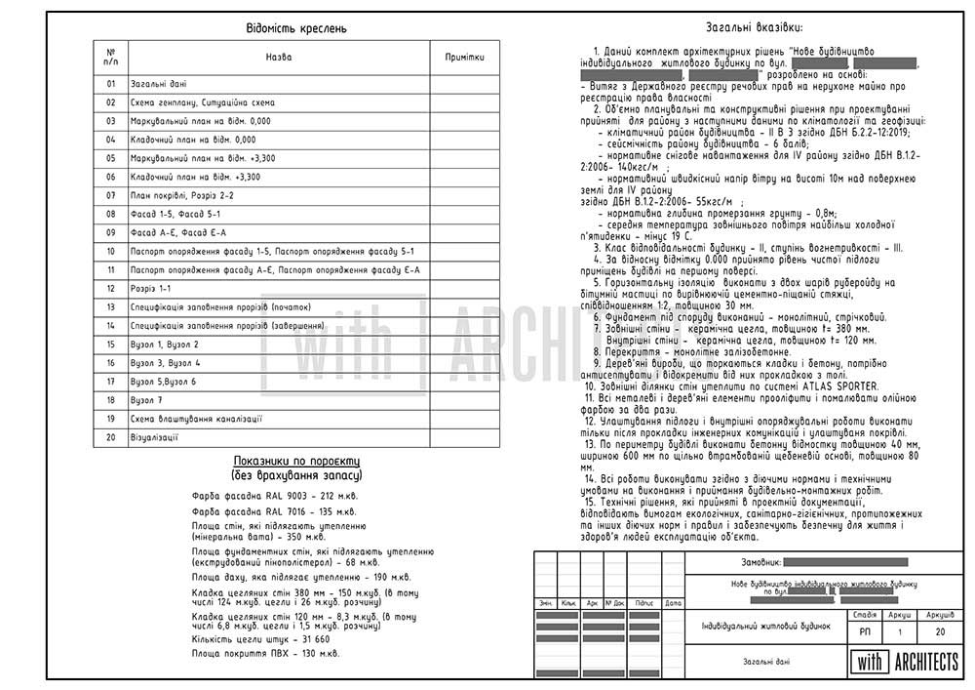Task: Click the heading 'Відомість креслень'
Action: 296,28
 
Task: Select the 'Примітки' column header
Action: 464,58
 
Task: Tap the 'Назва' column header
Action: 279,58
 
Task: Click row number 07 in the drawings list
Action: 111,195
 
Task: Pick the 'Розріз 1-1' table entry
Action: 150,289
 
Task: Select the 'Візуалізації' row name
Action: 153,437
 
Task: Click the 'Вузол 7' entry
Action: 146,400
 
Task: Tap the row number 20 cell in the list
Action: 111,437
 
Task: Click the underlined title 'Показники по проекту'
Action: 296,461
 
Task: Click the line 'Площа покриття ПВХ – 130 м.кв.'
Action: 265,654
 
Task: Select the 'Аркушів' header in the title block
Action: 940,616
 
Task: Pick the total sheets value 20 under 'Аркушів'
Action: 940,632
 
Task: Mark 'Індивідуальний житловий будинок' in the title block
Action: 765,626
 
